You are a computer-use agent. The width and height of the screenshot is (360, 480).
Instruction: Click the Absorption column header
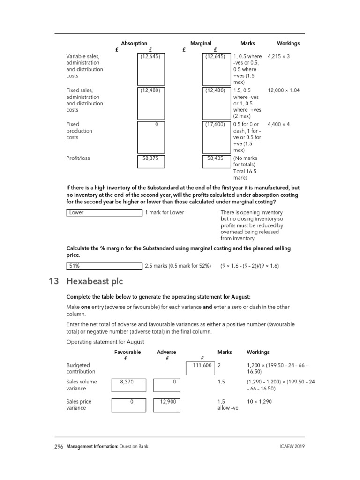(x=134, y=43)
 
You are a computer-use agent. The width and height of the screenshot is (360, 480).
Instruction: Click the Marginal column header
(x=201, y=43)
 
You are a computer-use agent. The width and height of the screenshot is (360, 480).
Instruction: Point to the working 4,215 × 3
(x=278, y=56)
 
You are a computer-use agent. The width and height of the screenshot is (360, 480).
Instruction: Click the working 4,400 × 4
(x=278, y=124)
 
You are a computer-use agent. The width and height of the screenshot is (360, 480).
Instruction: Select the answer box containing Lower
(x=104, y=212)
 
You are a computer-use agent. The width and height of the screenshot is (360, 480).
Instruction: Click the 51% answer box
(x=104, y=266)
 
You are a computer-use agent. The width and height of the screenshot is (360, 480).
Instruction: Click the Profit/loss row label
(x=78, y=158)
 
